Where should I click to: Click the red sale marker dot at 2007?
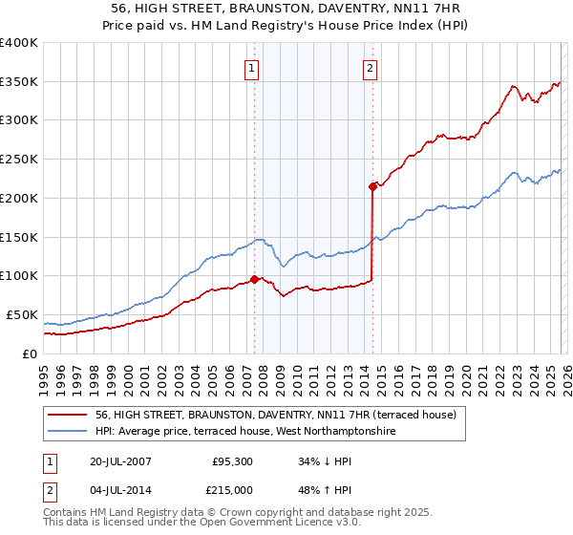pos(254,279)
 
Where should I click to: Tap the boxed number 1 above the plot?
pos(251,67)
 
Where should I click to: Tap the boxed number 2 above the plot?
pos(369,67)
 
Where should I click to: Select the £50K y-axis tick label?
pos(22,314)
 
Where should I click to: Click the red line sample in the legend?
pos(69,415)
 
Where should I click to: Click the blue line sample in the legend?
pos(69,432)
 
